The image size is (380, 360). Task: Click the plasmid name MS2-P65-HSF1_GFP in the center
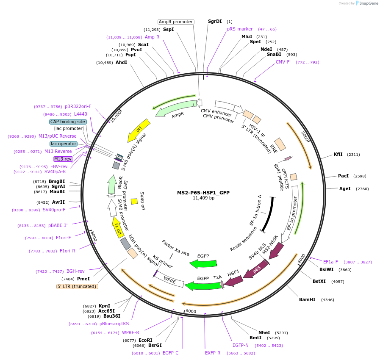pyautogui.click(x=203, y=192)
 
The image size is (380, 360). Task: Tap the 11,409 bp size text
pyautogui.click(x=203, y=198)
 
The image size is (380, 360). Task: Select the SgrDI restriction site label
pyautogui.click(x=215, y=21)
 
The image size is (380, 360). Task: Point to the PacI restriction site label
pyautogui.click(x=343, y=176)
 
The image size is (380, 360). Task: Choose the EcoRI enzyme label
pyautogui.click(x=145, y=340)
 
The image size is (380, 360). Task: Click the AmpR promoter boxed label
pyautogui.click(x=176, y=22)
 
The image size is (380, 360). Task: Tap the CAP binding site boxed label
pyautogui.click(x=68, y=122)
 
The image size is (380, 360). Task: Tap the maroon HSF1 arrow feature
pyautogui.click(x=233, y=280)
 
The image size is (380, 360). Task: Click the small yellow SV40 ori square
pyautogui.click(x=134, y=202)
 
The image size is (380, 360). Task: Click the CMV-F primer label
pyautogui.click(x=283, y=62)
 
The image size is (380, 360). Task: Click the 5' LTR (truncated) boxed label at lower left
pyautogui.click(x=78, y=286)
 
